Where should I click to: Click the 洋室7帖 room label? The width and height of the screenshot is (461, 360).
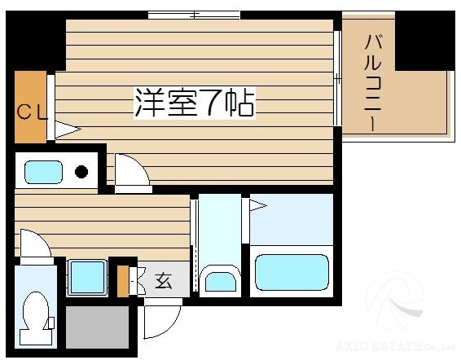195,103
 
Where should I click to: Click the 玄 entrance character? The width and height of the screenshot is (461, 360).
163,282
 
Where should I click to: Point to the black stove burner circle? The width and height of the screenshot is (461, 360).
81,172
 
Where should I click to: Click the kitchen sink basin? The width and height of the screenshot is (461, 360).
43,172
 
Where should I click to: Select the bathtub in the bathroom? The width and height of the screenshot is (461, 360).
291,272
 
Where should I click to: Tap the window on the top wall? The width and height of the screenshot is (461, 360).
194,15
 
